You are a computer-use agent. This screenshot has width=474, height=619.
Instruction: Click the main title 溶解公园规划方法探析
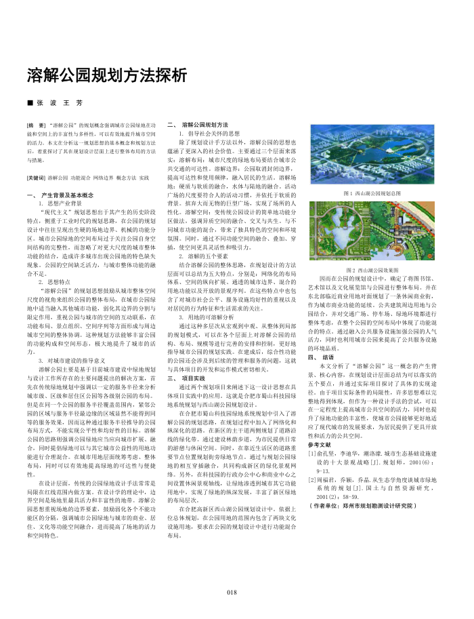click(106, 74)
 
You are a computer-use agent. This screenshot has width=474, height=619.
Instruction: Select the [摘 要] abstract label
click(37, 126)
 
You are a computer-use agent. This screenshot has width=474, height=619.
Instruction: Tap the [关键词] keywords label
click(38, 178)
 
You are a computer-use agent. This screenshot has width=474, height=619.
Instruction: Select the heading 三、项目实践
click(186, 378)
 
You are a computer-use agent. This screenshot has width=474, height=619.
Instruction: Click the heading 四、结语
click(321, 357)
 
